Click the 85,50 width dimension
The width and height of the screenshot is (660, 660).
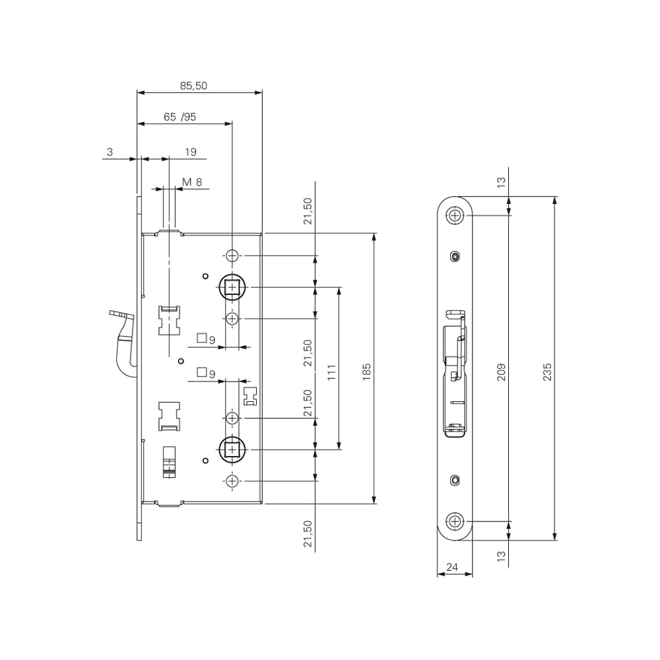pos(193,86)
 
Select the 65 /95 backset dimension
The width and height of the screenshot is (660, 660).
pos(180,117)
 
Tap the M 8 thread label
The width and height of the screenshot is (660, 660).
pos(192,182)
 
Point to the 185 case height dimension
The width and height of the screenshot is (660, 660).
pos(366,372)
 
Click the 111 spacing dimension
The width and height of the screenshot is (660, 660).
pos(332,372)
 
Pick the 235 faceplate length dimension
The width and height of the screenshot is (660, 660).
pos(546,372)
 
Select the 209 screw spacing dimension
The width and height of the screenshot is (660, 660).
pos(501,372)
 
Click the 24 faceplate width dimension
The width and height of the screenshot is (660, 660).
pos(452,567)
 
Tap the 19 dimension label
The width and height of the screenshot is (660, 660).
pos(191,152)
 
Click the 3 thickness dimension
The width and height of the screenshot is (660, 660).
pos(110,152)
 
